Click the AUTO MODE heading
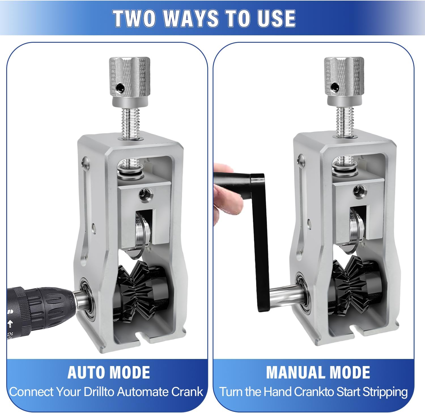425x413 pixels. (109, 372)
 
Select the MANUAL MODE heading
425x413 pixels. (318, 372)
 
